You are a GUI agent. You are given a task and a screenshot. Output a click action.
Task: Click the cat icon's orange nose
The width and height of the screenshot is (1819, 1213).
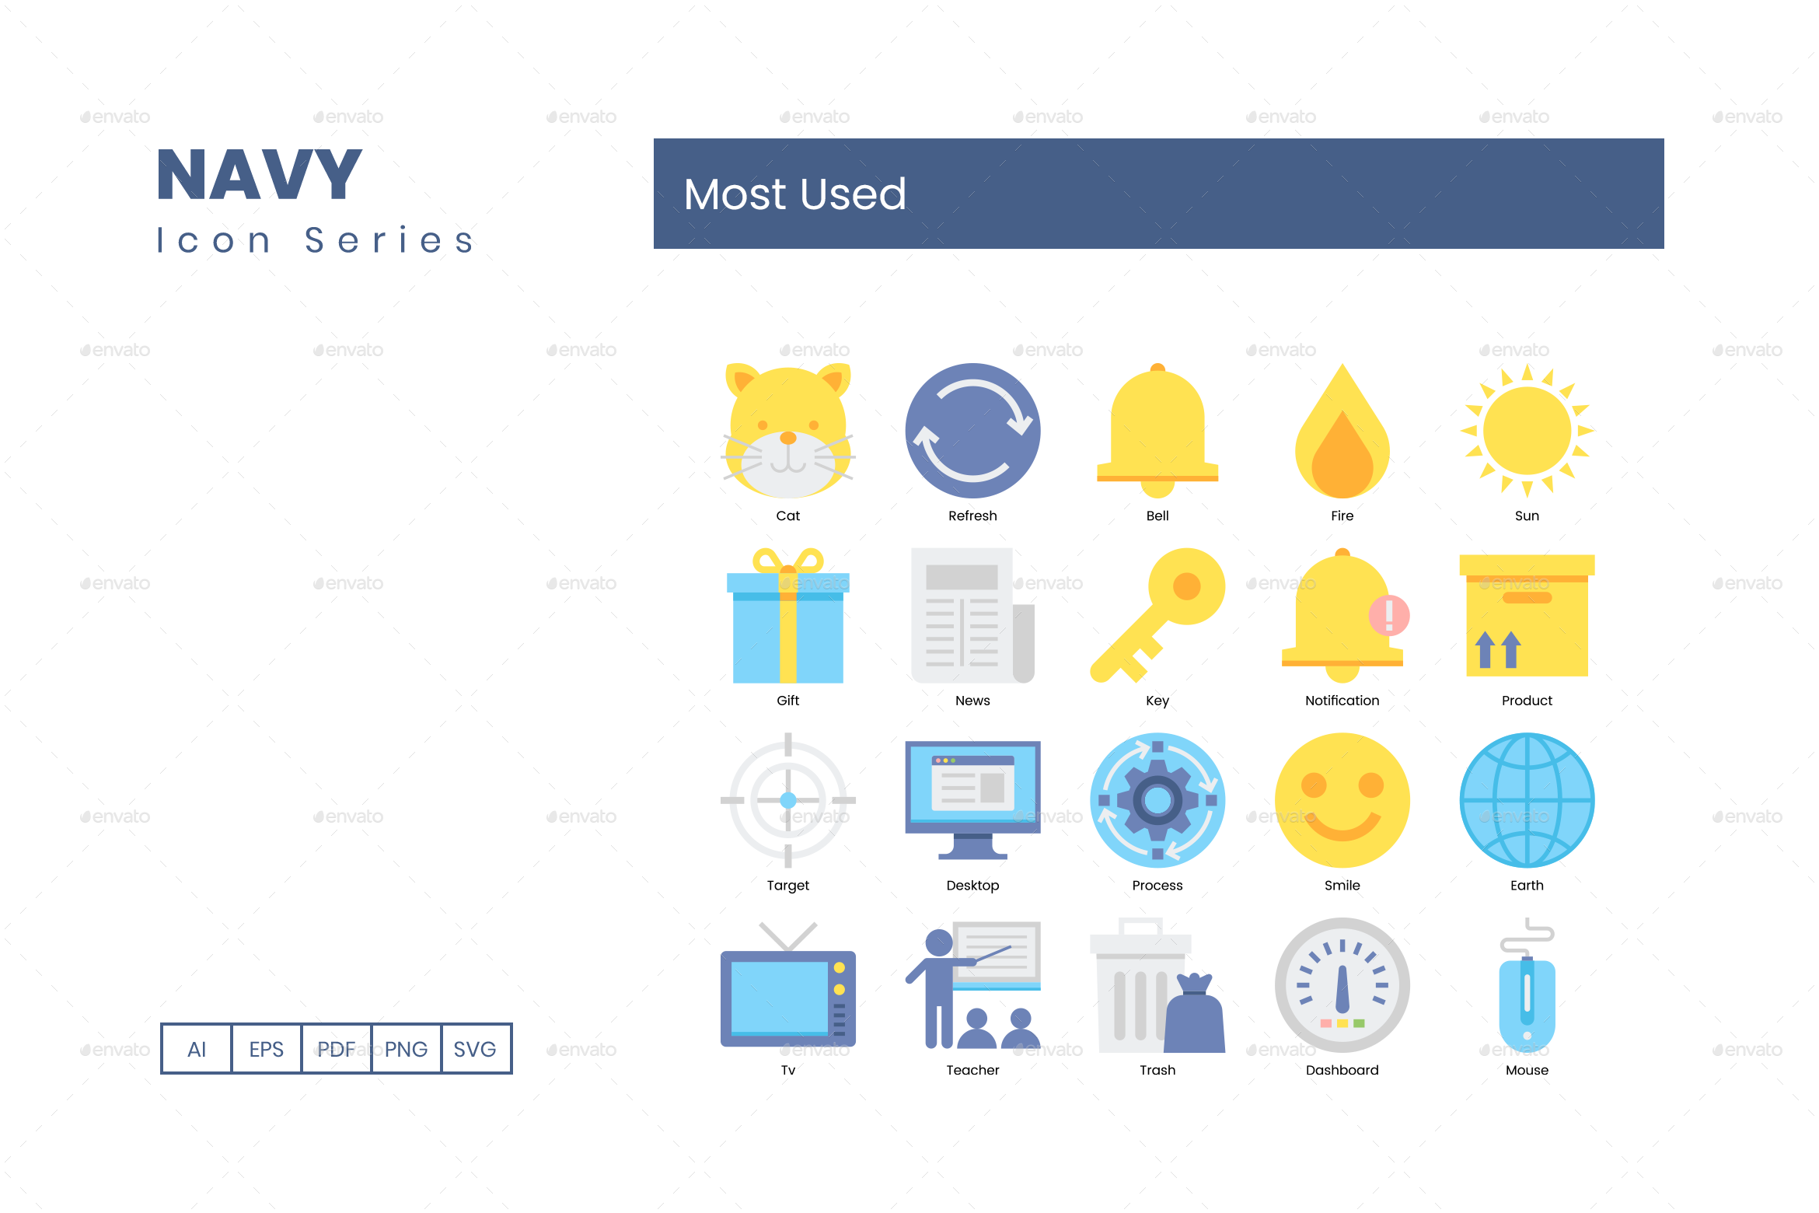click(x=787, y=438)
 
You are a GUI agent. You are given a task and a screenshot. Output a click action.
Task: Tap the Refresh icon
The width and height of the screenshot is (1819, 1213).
click(x=972, y=430)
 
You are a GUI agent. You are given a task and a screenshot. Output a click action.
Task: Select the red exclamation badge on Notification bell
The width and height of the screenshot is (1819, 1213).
click(x=1389, y=615)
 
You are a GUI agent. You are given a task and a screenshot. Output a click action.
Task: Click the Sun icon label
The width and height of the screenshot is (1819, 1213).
click(x=1526, y=516)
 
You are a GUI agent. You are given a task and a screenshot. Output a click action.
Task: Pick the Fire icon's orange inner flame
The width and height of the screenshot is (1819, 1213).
click(x=1342, y=459)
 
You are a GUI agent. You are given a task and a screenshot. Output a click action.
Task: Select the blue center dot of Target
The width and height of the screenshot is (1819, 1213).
click(x=787, y=799)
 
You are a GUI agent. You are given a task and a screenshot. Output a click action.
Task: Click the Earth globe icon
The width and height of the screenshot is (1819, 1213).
click(x=1527, y=799)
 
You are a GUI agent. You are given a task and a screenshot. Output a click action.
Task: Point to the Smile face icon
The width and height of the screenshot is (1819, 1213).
click(x=1342, y=799)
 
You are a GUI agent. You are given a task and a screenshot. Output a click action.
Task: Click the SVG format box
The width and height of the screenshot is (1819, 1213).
click(x=475, y=1049)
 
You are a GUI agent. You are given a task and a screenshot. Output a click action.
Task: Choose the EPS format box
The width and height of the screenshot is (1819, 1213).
click(x=266, y=1049)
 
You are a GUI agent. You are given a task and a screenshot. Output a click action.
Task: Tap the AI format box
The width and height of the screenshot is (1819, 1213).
click(x=197, y=1049)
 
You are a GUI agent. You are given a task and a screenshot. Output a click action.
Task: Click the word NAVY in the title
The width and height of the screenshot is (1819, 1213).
click(x=260, y=176)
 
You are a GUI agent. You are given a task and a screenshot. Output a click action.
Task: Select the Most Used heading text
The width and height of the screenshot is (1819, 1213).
click(x=794, y=194)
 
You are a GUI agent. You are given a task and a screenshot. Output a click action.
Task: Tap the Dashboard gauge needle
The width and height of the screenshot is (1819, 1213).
click(x=1342, y=988)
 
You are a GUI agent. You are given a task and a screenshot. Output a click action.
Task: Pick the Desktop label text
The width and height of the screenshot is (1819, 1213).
click(x=972, y=885)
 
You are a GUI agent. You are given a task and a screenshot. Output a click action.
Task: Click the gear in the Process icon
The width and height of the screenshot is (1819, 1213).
click(x=1157, y=799)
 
